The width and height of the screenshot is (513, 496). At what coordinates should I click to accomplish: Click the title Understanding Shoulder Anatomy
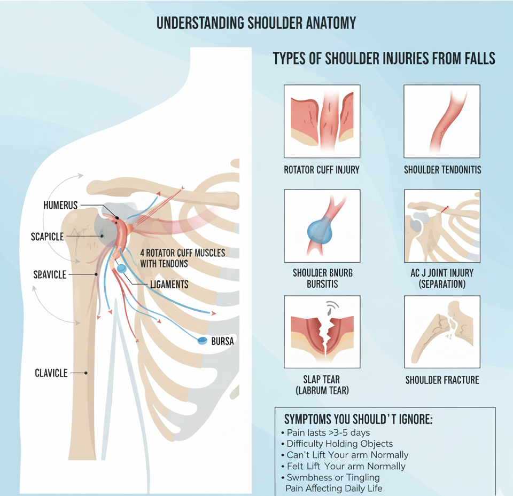pyautogui.click(x=256, y=23)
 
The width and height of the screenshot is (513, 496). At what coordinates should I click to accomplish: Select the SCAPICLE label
pyautogui.click(x=48, y=236)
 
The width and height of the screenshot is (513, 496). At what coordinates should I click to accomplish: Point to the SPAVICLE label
pyautogui.click(x=50, y=274)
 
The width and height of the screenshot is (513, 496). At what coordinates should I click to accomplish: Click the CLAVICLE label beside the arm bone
pyautogui.click(x=51, y=373)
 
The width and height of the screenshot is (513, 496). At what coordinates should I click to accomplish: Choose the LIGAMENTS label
pyautogui.click(x=169, y=285)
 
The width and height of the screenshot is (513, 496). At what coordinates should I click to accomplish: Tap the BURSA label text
pyautogui.click(x=222, y=341)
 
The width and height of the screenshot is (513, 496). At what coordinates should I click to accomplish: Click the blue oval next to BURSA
pyautogui.click(x=202, y=341)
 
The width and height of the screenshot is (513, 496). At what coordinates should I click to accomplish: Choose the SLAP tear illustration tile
pyautogui.click(x=322, y=332)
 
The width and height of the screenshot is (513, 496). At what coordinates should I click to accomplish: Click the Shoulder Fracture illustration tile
pyautogui.click(x=442, y=332)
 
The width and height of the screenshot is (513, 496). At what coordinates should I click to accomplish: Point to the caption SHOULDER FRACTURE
pyautogui.click(x=442, y=380)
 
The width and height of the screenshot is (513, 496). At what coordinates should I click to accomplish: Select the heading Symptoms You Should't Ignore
pyautogui.click(x=358, y=419)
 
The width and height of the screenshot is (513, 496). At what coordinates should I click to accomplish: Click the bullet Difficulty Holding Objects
pyautogui.click(x=339, y=444)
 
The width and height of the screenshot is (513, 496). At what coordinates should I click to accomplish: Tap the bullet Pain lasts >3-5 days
pyautogui.click(x=328, y=432)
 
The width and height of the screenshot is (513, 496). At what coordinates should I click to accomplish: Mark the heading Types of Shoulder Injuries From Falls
pyautogui.click(x=384, y=58)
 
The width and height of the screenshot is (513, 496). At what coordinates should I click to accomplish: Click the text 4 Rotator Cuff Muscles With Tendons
pyautogui.click(x=182, y=258)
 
